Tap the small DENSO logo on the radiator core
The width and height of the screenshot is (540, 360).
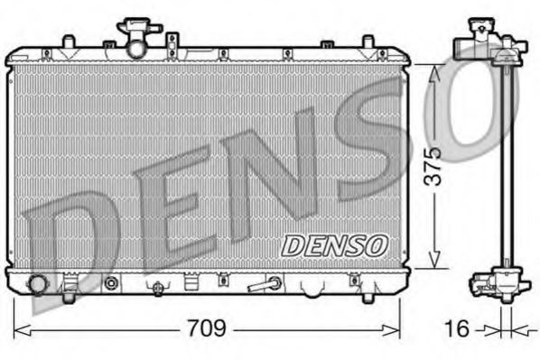pos(335,244)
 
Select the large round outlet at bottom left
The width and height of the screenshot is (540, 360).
pos(38,284)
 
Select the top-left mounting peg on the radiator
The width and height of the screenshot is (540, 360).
pos(68,42)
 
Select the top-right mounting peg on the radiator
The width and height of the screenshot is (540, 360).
pos(368,42)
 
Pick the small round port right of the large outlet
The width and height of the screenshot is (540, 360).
pos(111,283)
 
